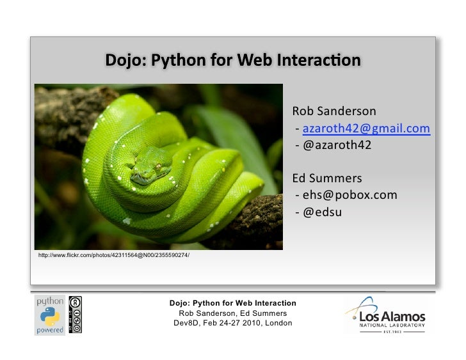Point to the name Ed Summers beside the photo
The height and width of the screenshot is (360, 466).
point(327,177)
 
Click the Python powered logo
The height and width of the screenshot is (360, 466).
point(49,315)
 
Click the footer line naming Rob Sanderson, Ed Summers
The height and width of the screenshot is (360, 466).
point(232,313)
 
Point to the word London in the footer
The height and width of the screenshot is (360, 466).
point(278,323)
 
